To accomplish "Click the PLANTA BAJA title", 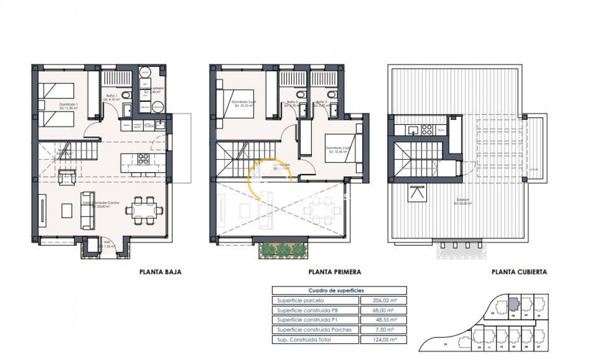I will (160, 272).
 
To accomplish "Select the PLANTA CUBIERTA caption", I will (519, 272).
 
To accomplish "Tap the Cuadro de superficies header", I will (339, 290).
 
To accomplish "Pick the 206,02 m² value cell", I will (383, 300).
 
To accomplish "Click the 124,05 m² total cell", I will (383, 340).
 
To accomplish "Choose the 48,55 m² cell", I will (383, 320).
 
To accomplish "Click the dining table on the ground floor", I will (144, 210).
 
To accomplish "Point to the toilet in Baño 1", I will (129, 95).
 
